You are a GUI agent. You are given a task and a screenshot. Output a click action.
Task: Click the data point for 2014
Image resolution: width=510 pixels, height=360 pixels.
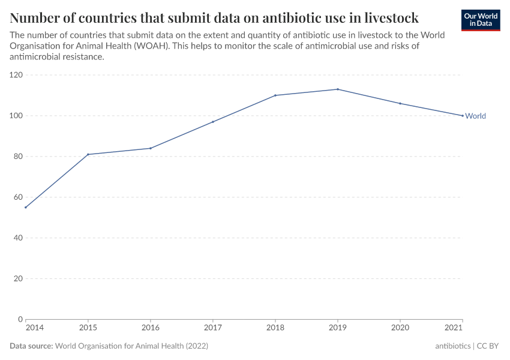click(x=25, y=208)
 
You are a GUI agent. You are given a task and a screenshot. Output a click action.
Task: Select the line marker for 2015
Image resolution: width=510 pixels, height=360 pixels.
click(x=88, y=154)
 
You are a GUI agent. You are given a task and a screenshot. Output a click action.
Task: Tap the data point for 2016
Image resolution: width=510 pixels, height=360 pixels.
click(x=151, y=148)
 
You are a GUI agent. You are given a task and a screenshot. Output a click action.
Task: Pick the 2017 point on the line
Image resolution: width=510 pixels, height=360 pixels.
click(x=213, y=122)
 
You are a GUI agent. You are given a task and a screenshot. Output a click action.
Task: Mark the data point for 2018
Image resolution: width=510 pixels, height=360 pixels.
click(x=275, y=95)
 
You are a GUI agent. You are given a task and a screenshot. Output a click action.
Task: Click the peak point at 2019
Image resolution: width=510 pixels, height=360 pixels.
click(x=338, y=89)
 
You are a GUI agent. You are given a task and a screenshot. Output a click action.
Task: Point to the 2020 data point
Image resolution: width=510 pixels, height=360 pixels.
click(x=400, y=104)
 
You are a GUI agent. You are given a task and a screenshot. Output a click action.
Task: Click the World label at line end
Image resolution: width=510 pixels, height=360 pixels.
click(x=475, y=116)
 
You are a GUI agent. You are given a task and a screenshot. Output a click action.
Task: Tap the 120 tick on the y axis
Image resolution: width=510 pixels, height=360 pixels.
click(x=16, y=75)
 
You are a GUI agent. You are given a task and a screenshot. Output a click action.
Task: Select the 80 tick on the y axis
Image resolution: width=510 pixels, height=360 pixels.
click(x=18, y=157)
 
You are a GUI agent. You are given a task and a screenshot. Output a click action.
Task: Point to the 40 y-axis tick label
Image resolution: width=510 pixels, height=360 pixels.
click(x=18, y=238)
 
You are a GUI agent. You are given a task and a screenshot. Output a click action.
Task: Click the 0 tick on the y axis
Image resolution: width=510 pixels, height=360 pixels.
click(x=20, y=319)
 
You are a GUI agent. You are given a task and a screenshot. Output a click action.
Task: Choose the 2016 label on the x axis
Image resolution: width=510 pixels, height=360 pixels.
click(x=151, y=328)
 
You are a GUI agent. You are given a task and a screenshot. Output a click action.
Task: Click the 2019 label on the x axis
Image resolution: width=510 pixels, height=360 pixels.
click(x=338, y=328)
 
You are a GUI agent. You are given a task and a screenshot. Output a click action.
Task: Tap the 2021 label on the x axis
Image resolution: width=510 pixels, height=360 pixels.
click(x=454, y=328)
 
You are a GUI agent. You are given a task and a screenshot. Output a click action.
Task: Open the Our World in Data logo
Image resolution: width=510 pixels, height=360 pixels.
click(x=480, y=20)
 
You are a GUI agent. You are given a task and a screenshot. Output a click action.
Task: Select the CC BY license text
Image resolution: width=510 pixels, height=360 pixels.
click(x=488, y=346)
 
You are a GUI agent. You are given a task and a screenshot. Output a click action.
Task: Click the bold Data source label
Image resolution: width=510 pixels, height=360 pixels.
click(x=31, y=346)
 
